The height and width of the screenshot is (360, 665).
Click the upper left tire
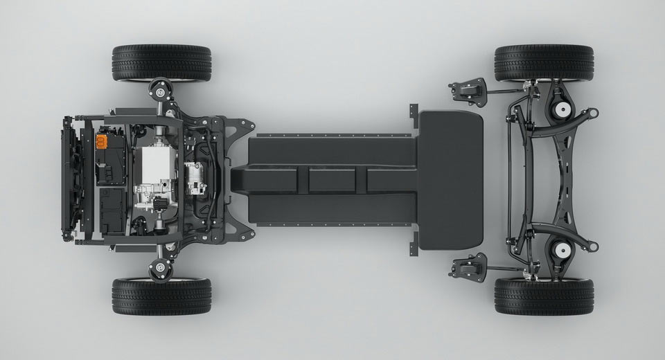click(161, 63)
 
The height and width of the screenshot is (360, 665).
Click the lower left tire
click(161, 296)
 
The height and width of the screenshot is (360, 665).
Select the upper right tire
click(544, 63)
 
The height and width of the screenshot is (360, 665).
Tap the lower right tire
click(544, 296)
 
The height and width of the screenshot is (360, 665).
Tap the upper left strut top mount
click(161, 90)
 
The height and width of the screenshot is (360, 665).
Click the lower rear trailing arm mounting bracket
click(468, 267)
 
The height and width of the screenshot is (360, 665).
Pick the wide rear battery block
click(450, 179)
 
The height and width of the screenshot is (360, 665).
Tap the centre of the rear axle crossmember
click(547, 179)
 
